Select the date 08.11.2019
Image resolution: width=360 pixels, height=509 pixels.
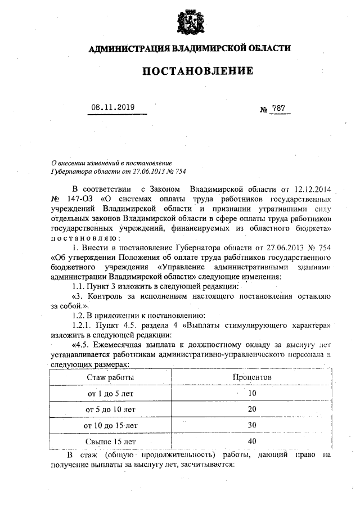pyautogui.click(x=113, y=106)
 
